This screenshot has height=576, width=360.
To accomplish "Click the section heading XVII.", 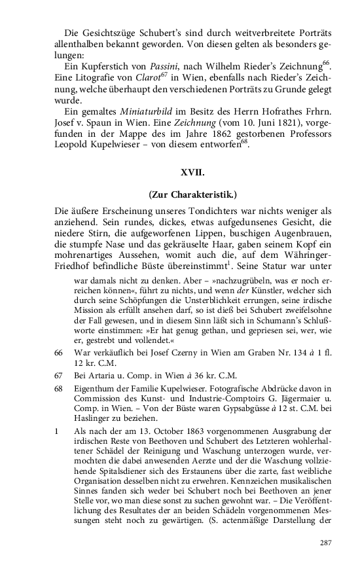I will (192, 173).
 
